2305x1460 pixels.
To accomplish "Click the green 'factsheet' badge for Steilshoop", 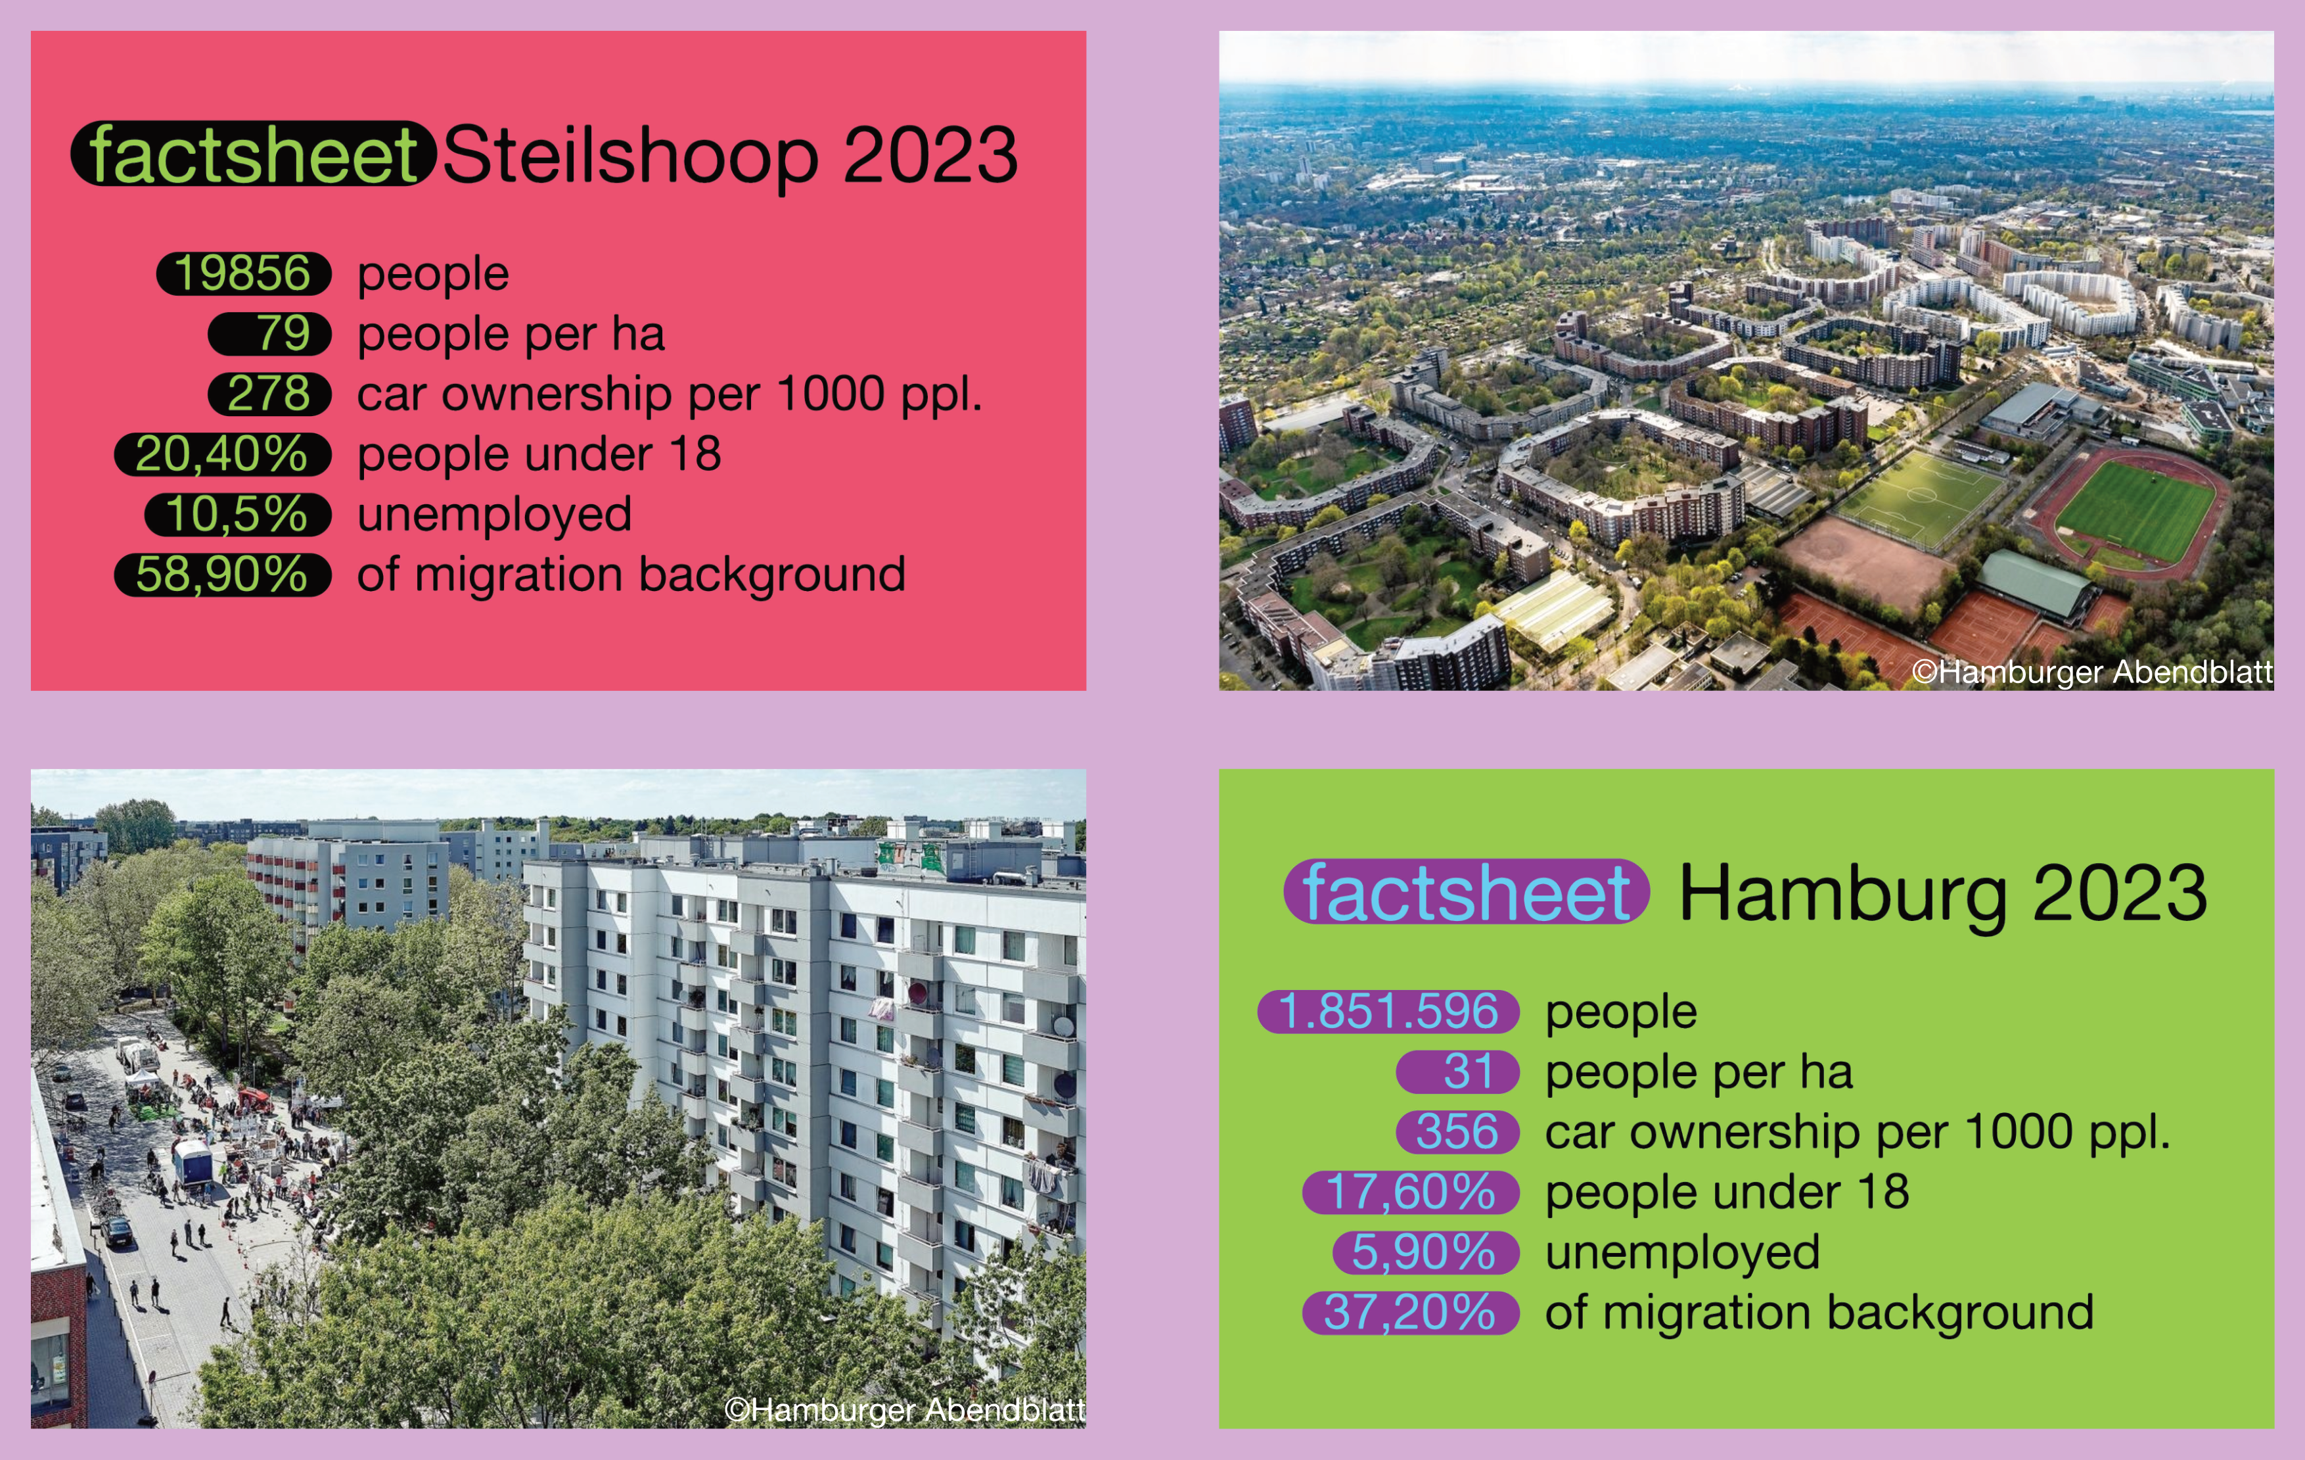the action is pos(254,153).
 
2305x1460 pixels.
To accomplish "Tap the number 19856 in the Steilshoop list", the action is pos(243,274).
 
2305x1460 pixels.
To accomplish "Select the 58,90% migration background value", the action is pos(222,575).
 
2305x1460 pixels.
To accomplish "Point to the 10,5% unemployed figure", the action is pos(237,514).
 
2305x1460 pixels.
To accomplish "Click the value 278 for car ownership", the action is pos(269,394).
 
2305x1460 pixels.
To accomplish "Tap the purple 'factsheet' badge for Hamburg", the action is pos(1467,891).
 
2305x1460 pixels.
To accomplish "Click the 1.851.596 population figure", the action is pos(1388,1012).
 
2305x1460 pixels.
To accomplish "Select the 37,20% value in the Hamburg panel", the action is pos(1411,1313).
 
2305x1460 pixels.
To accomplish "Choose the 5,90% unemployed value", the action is pos(1425,1252).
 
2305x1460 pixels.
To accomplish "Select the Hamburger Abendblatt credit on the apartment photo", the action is pos(905,1409).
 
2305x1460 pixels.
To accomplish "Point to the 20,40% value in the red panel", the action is pos(222,454).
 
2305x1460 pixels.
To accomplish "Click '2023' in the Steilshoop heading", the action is pos(930,155).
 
